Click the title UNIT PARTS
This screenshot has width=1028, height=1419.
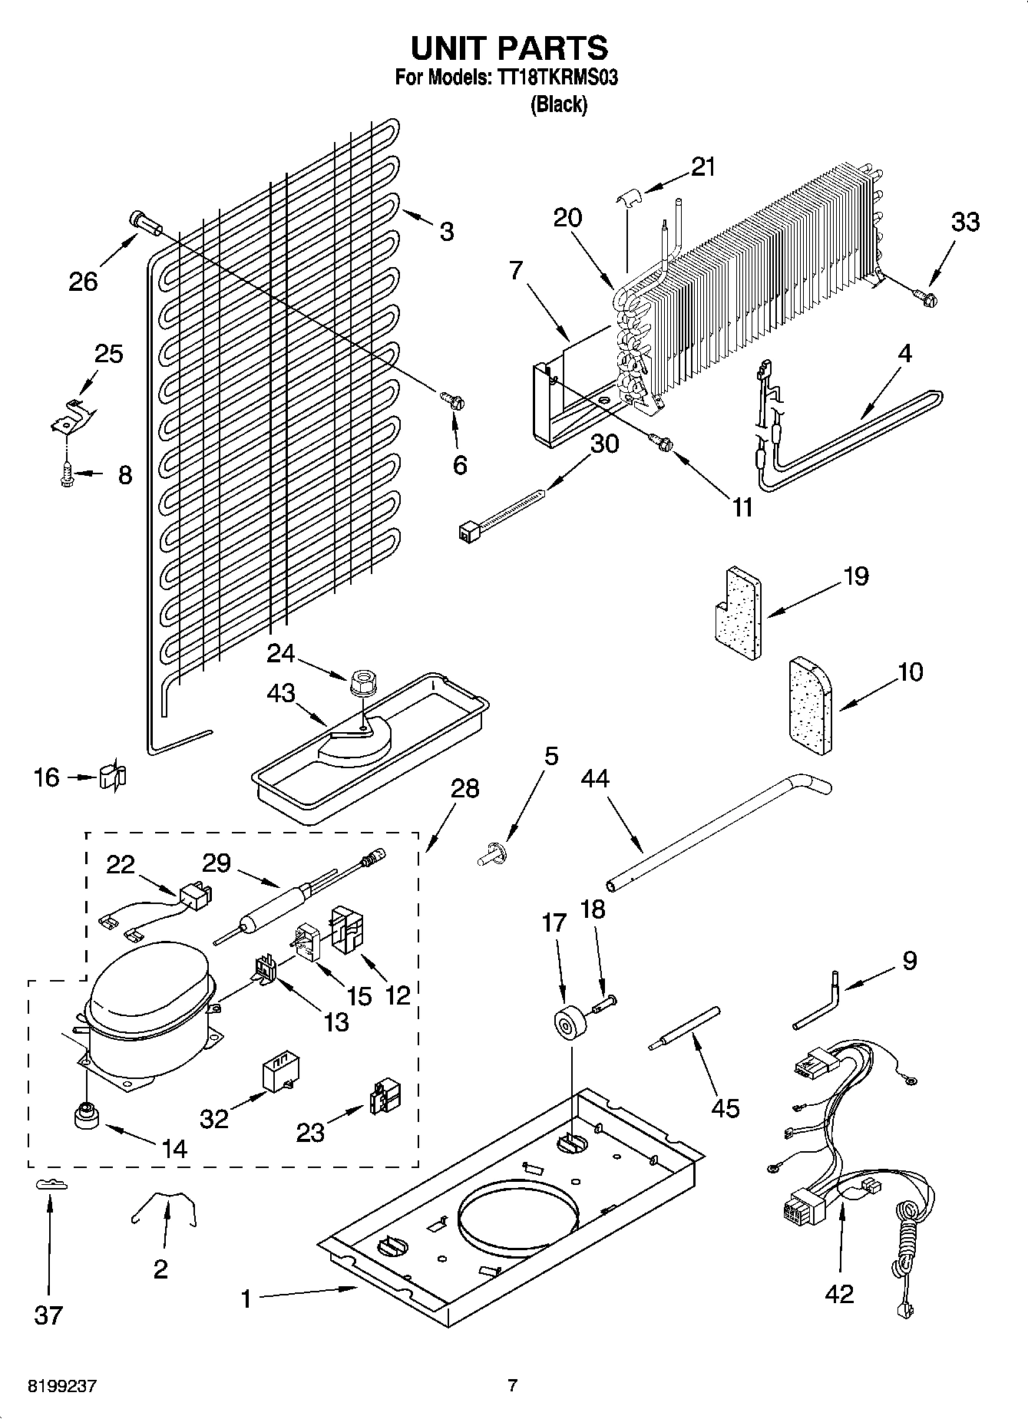(509, 48)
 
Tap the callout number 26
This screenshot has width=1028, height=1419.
(83, 281)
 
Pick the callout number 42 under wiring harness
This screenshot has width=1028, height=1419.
(839, 1293)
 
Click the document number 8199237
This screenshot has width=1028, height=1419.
(62, 1386)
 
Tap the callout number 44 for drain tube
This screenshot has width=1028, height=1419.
(594, 778)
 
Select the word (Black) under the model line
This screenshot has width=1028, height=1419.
(559, 104)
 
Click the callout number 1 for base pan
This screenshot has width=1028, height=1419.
(246, 1299)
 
